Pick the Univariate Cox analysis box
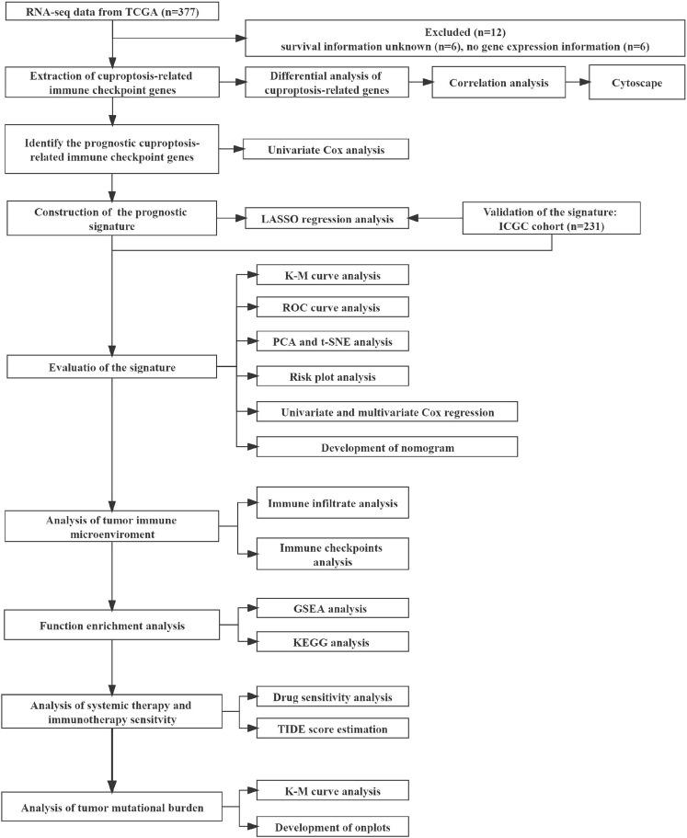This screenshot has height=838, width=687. [326, 148]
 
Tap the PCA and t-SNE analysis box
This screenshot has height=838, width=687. [332, 342]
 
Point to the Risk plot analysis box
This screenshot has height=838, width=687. [332, 376]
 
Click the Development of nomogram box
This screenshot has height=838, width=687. [387, 446]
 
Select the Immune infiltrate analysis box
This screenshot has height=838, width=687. [332, 502]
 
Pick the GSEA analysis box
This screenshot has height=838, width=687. [332, 608]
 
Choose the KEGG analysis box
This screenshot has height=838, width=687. [332, 642]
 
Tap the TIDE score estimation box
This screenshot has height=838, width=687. [332, 729]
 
